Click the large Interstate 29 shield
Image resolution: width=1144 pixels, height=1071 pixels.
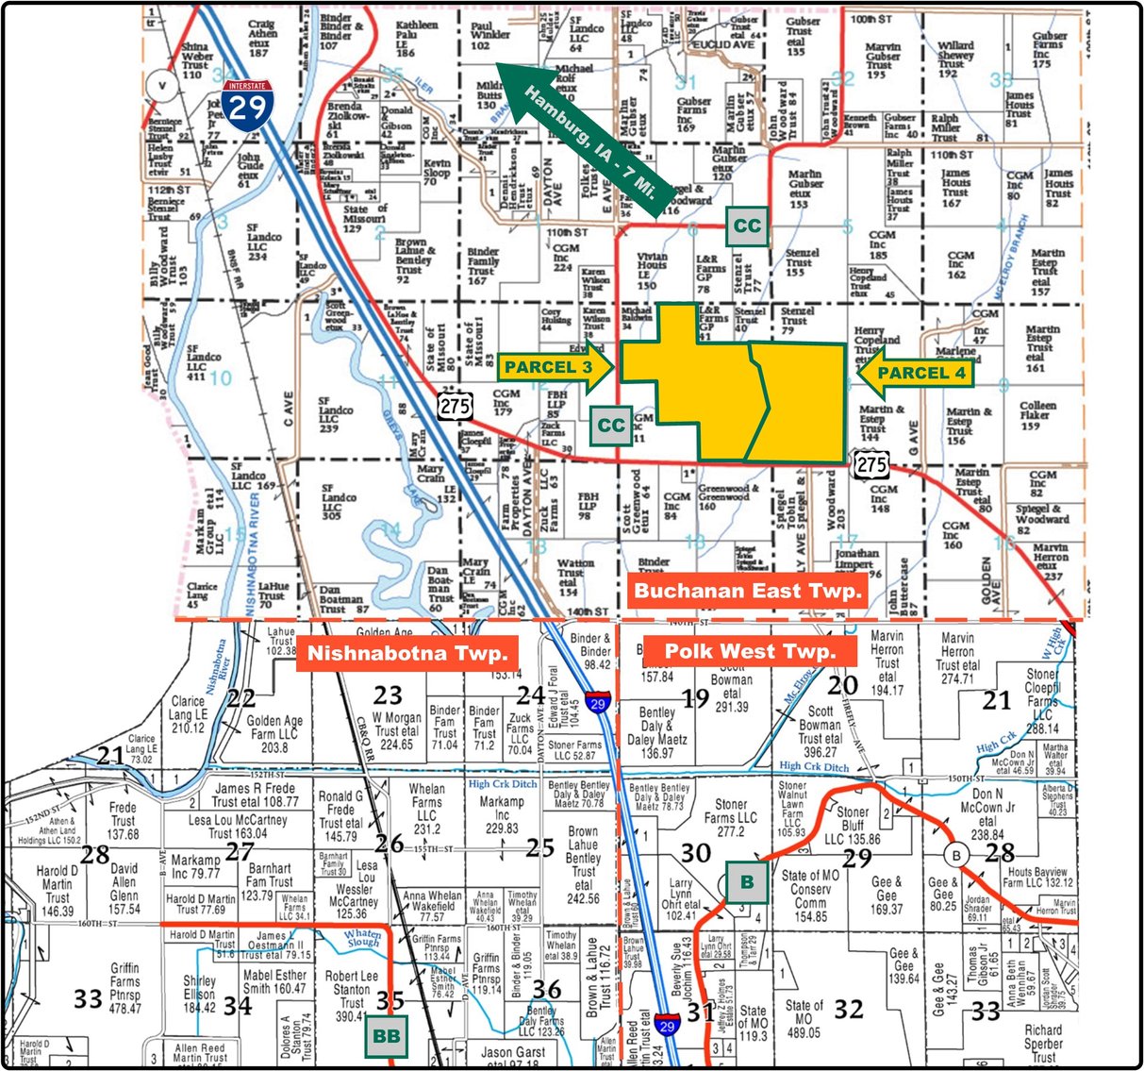point(249,105)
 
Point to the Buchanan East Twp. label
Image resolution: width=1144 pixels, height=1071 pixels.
point(748,592)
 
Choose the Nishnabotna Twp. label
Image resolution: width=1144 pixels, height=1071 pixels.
point(408,652)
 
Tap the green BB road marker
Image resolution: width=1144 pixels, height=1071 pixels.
point(387,1035)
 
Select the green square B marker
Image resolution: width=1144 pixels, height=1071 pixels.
point(747,882)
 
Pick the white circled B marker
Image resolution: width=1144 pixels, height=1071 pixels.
point(957,856)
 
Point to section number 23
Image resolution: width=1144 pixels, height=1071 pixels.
point(388,695)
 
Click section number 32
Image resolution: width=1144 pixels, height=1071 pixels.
point(849,1009)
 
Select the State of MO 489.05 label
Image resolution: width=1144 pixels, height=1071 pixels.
point(803,1019)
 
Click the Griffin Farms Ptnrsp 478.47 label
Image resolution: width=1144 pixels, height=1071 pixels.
point(124,988)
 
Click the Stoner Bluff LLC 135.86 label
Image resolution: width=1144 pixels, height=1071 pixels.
point(852,825)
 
